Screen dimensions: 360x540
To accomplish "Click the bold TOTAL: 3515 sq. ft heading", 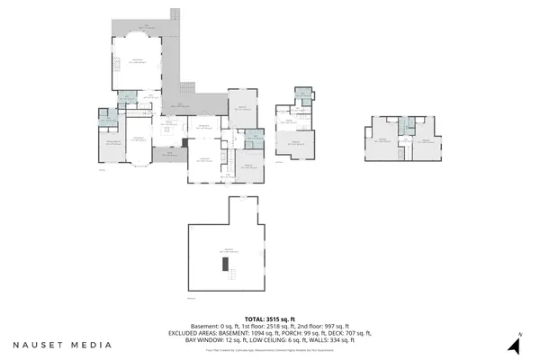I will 270,318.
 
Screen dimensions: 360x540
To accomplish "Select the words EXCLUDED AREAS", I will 197,332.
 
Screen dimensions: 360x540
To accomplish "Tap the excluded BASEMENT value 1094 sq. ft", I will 258,332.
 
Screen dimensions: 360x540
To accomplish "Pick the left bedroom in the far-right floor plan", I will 382,139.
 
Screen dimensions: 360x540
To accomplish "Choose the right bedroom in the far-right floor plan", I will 425,139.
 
